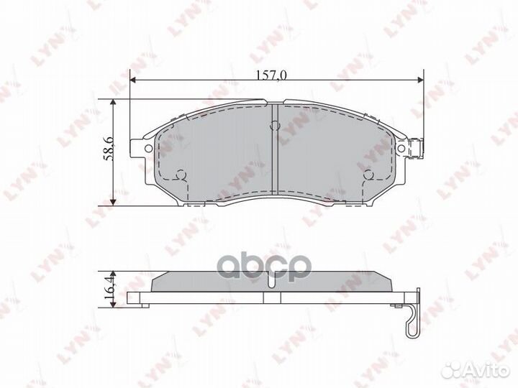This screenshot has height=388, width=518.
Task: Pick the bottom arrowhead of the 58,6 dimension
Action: (x=113, y=200)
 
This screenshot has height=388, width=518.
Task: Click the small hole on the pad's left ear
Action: (x=148, y=149)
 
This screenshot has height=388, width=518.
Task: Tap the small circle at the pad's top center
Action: (x=274, y=126)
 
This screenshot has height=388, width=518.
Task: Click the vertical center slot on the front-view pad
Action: (x=277, y=147)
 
